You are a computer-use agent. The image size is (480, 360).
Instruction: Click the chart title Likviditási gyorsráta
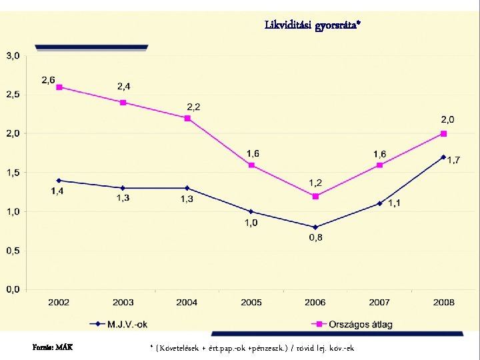point(312,25)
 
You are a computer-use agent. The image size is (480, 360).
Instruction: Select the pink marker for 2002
point(59,87)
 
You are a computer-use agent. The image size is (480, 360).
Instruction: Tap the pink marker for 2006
point(315,196)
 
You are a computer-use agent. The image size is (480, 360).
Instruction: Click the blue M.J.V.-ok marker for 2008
point(443,157)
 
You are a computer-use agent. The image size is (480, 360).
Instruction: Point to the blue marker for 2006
point(315,227)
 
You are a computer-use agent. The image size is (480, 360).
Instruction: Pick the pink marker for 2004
point(187,118)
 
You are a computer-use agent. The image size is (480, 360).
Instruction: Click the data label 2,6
point(49,80)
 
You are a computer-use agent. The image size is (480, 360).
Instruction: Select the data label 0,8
point(315,239)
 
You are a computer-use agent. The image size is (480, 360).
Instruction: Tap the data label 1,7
point(453,160)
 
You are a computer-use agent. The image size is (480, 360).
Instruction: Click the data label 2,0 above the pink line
point(447,120)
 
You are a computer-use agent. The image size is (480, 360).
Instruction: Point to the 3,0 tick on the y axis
point(13,55)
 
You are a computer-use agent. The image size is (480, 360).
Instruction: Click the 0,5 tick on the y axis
point(13,251)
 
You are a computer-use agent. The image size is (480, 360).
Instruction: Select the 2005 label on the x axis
point(251,303)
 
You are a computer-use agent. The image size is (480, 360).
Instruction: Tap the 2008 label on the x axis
point(443,303)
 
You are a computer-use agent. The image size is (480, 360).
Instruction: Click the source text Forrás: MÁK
point(53,347)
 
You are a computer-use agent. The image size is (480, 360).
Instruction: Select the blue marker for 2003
point(123,188)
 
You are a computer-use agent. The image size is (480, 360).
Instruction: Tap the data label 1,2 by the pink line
point(315,183)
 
